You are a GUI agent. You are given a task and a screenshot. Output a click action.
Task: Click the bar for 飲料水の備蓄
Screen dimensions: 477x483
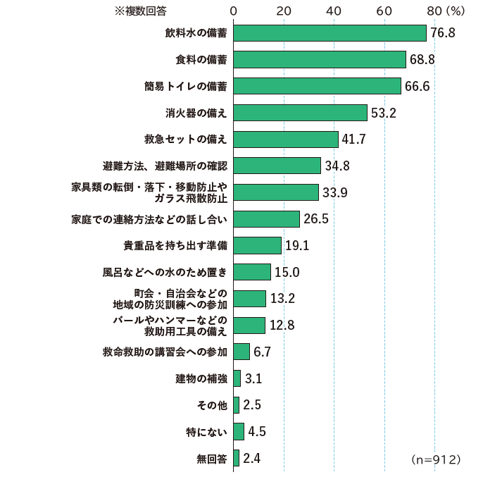tap(330, 33)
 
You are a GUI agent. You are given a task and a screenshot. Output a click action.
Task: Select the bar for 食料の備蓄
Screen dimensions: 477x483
tap(320, 60)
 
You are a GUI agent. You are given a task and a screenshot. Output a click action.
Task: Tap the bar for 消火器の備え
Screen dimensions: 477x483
tap(300, 113)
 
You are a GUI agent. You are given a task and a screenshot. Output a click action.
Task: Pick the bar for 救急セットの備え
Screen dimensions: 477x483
tap(285, 140)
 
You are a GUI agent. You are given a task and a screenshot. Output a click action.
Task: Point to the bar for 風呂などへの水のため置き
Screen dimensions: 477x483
tap(252, 272)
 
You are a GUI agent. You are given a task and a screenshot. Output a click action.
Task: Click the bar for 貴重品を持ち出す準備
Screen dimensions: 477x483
tap(257, 245)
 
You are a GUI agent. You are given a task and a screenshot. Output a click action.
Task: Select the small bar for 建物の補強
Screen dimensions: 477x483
tap(237, 378)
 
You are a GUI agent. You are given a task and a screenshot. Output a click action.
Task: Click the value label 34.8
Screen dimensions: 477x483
tap(337, 166)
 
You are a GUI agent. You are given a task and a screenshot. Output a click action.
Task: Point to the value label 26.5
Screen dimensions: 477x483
tap(315, 219)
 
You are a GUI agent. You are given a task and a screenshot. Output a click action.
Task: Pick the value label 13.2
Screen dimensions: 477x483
tap(282, 299)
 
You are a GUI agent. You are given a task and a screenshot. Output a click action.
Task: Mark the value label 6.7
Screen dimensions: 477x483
tap(262, 352)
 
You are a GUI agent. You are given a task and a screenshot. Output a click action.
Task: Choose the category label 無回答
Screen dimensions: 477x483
tap(212, 459)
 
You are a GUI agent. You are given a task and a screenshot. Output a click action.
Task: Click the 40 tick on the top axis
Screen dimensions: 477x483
tap(334, 11)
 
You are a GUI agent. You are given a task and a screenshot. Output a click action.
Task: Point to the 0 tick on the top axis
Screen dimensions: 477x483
tap(233, 11)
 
